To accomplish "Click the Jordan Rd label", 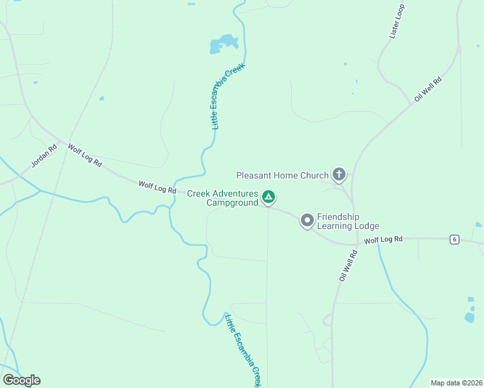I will pyautogui.click(x=44, y=155).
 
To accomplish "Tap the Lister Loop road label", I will pyautogui.click(x=397, y=23).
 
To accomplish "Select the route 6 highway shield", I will pyautogui.click(x=455, y=239).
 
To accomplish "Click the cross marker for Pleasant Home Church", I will pyautogui.click(x=338, y=174).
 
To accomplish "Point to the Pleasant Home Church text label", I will pyautogui.click(x=281, y=175).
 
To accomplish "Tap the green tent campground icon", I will pyautogui.click(x=269, y=197).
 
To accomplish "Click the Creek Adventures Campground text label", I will pyautogui.click(x=223, y=198).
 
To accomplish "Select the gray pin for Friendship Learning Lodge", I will pyautogui.click(x=307, y=221).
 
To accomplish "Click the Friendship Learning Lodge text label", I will pyautogui.click(x=347, y=222).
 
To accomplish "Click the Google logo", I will pyautogui.click(x=21, y=380).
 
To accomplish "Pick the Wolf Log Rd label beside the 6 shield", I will pyautogui.click(x=383, y=240).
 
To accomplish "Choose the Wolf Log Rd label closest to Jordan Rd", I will pyautogui.click(x=85, y=156).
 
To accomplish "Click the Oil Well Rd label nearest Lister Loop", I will pyautogui.click(x=428, y=89).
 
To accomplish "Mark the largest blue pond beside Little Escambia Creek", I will pyautogui.click(x=224, y=44).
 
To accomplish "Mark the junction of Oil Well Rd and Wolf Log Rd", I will pyautogui.click(x=357, y=246).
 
